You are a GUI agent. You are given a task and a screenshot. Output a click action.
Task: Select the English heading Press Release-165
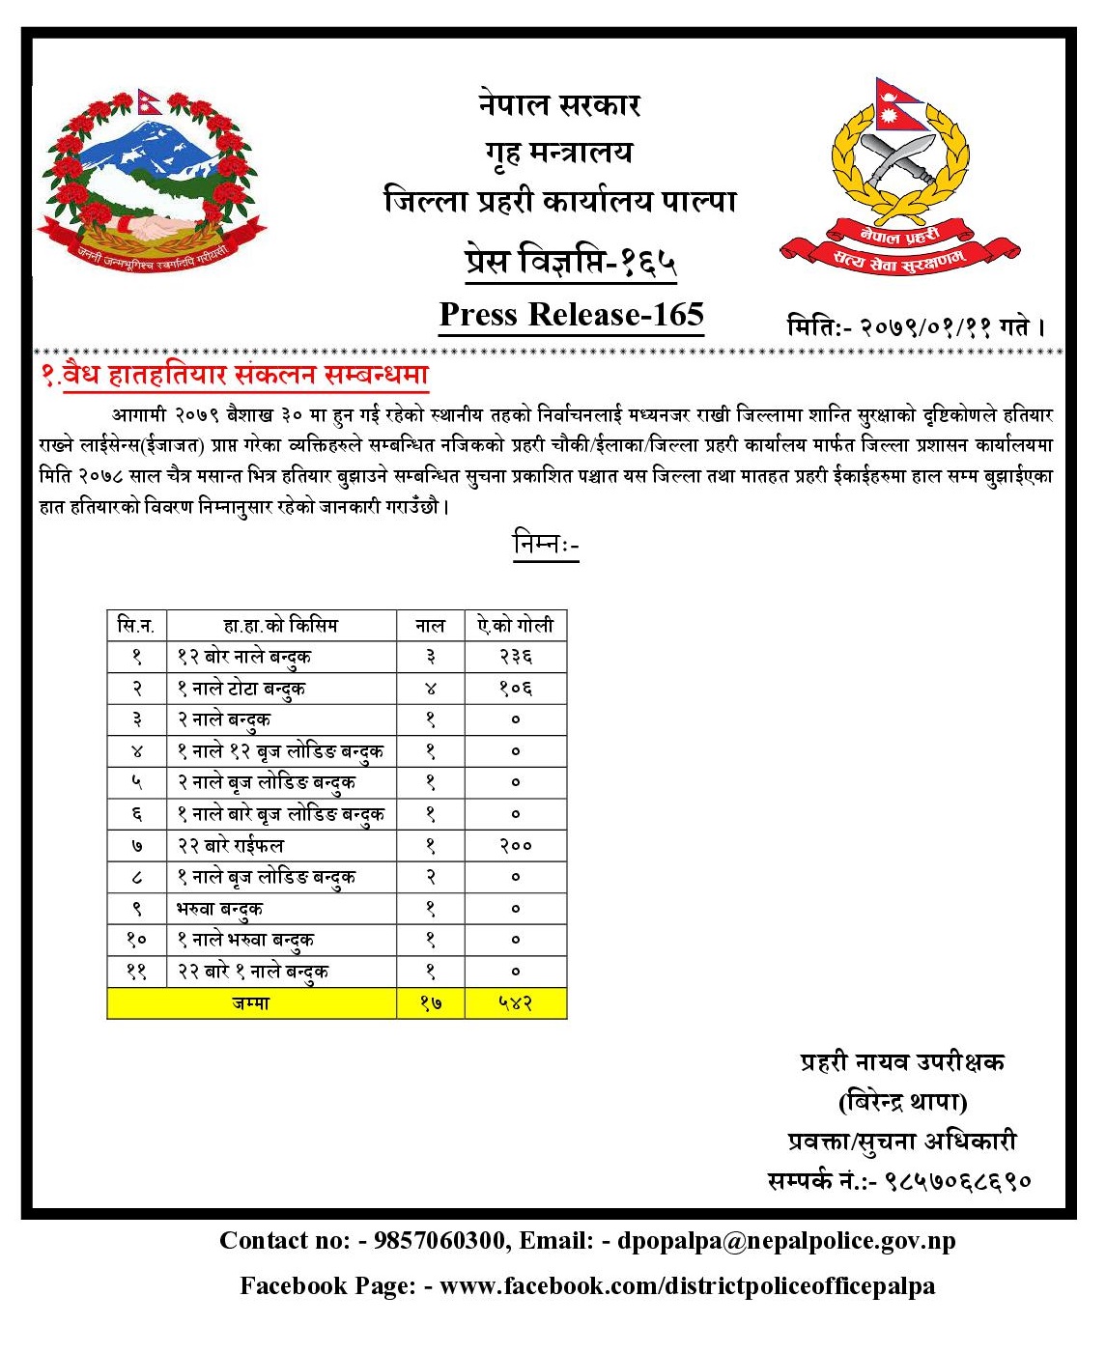pyautogui.click(x=571, y=315)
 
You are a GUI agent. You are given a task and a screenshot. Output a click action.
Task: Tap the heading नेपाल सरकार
pyautogui.click(x=559, y=104)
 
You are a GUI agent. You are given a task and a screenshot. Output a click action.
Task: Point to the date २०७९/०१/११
pyautogui.click(x=926, y=327)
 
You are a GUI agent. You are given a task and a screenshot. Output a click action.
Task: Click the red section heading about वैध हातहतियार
pyautogui.click(x=235, y=375)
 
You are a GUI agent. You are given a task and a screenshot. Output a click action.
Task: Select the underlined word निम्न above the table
pyautogui.click(x=545, y=545)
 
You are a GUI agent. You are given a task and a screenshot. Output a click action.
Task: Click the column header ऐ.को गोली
pyautogui.click(x=515, y=626)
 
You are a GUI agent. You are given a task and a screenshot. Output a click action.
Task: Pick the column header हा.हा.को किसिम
pyautogui.click(x=281, y=626)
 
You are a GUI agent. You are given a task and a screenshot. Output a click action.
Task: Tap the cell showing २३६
pyautogui.click(x=515, y=657)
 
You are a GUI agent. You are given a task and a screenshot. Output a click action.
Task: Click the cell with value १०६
pyautogui.click(x=515, y=689)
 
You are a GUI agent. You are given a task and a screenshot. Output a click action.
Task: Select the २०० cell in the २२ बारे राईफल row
pyautogui.click(x=515, y=846)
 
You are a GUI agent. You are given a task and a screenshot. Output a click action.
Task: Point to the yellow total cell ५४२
pyautogui.click(x=515, y=1003)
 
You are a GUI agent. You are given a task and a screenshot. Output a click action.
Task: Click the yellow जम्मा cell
pyautogui.click(x=251, y=1003)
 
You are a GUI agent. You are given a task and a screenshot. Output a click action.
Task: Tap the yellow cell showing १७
pyautogui.click(x=431, y=1003)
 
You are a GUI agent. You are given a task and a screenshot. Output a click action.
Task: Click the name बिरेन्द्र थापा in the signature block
pyautogui.click(x=902, y=1102)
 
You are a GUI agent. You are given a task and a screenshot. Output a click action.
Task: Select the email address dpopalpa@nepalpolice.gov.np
pyautogui.click(x=786, y=1241)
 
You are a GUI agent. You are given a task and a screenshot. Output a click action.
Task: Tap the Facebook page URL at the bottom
pyautogui.click(x=687, y=1286)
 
